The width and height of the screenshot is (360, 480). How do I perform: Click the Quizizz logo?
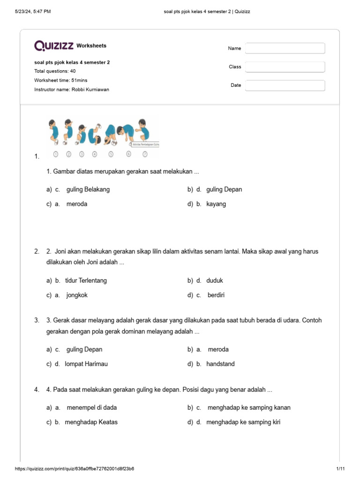[x=54, y=45]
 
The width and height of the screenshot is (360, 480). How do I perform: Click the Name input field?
[x=285, y=48]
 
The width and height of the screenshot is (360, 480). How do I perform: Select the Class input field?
[x=285, y=67]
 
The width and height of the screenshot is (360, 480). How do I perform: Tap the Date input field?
[x=285, y=85]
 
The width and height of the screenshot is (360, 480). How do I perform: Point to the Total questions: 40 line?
[x=55, y=71]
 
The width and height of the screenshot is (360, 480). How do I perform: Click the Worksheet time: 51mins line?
[x=60, y=81]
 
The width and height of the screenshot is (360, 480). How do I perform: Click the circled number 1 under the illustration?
[x=56, y=154]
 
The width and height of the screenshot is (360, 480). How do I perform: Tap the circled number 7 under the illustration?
[x=145, y=154]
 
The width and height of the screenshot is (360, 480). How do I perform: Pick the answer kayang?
[x=216, y=204]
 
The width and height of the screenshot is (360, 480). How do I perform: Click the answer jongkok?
[x=77, y=295]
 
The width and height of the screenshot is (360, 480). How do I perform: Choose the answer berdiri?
[x=216, y=295]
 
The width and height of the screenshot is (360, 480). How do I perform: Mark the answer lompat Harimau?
[x=86, y=364]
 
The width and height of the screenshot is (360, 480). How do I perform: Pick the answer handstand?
[x=220, y=364]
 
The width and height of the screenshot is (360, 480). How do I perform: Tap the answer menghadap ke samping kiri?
[x=243, y=422]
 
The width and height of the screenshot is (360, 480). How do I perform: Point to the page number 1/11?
[x=340, y=469]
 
